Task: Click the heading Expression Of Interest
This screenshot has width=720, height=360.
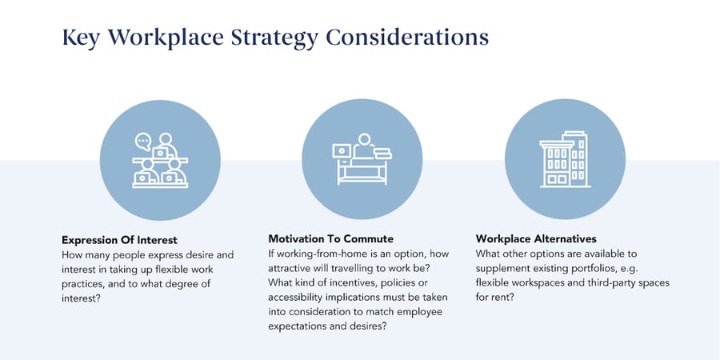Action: point(119,239)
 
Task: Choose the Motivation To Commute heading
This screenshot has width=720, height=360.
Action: point(330,239)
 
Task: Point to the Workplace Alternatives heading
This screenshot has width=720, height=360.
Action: point(537,239)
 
